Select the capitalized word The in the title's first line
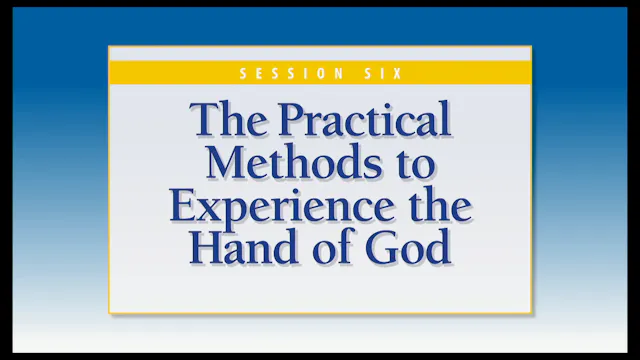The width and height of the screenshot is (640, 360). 227,122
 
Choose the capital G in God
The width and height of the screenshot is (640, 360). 384,246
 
